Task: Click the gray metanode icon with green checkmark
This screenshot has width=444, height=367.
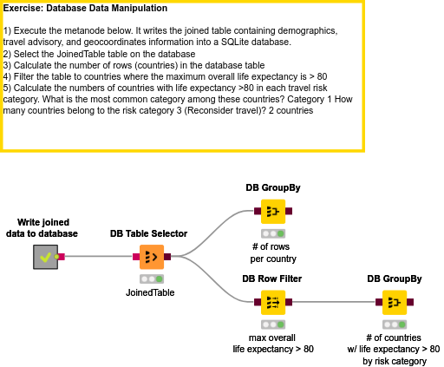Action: click(x=44, y=257)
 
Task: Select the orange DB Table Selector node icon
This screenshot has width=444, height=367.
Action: click(x=151, y=257)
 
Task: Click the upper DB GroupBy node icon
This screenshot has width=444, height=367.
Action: click(x=273, y=211)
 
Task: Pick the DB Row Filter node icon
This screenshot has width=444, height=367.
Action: click(x=273, y=303)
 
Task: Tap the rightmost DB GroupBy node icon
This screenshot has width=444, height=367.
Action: click(x=395, y=303)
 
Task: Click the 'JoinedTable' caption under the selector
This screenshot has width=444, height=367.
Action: click(x=150, y=292)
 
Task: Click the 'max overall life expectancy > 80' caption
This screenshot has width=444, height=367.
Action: click(x=273, y=343)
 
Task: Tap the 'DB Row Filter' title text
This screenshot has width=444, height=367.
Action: click(x=272, y=279)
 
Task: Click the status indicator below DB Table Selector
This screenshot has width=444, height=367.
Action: click(x=151, y=279)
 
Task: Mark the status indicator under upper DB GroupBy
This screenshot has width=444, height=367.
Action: click(x=273, y=233)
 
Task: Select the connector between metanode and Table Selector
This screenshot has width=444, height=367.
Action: click(x=95, y=257)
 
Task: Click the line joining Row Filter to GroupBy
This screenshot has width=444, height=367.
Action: click(x=334, y=303)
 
